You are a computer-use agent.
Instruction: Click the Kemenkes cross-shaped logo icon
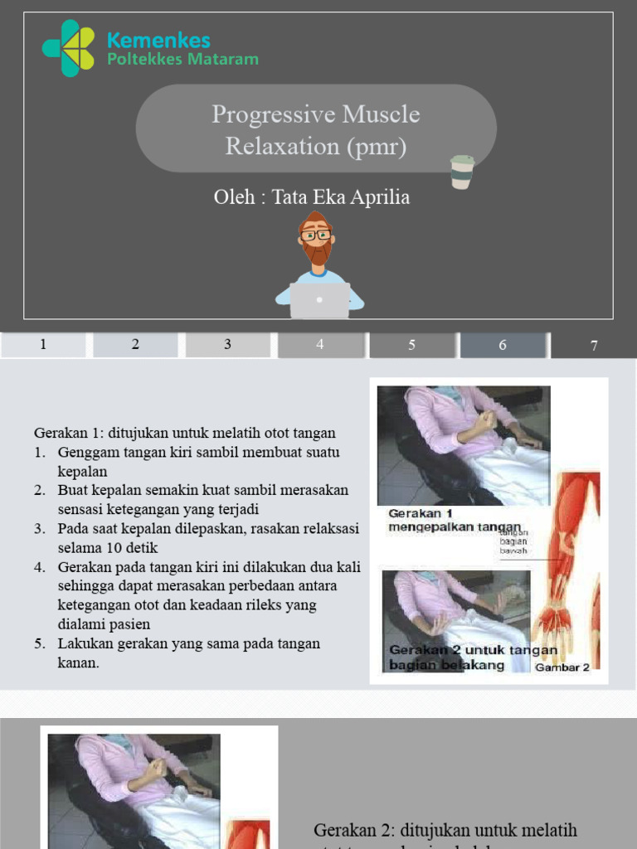point(70,48)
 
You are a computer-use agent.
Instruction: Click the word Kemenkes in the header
point(158,40)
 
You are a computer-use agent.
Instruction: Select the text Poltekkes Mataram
point(182,60)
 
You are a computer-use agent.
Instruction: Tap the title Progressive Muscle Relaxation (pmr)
point(315,130)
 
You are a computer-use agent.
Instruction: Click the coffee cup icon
point(462,172)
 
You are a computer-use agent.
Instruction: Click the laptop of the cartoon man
point(319,301)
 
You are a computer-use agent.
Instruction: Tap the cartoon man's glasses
point(315,235)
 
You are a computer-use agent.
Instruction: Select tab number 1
point(43,345)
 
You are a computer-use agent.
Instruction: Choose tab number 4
point(319,345)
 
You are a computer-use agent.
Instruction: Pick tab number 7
point(594,346)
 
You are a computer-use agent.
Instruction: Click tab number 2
point(135,345)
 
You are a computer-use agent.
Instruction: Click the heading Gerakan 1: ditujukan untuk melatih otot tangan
point(185,433)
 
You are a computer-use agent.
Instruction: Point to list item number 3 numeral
point(39,529)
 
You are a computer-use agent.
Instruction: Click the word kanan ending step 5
point(78,662)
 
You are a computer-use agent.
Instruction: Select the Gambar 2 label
point(562,667)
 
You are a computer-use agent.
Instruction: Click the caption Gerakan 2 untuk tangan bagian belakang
point(473,657)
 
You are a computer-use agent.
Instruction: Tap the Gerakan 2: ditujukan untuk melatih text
point(445,830)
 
